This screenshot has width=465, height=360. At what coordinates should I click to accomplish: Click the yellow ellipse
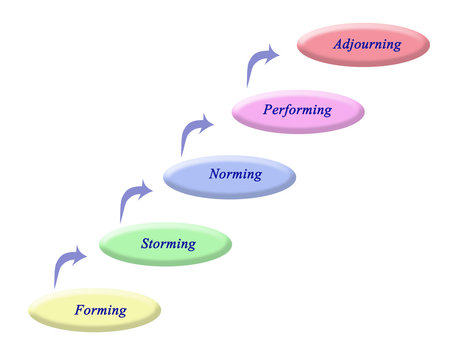tap(95, 310)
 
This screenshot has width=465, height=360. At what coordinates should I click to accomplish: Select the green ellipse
tap(164, 243)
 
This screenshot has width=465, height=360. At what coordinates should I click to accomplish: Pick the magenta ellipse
tap(298, 111)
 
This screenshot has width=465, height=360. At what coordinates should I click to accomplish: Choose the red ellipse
tap(364, 45)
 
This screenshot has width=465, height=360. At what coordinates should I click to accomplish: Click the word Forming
tap(101, 310)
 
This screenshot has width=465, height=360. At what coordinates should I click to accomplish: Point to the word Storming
tap(168, 242)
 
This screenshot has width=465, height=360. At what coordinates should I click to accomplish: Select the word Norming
tap(235, 174)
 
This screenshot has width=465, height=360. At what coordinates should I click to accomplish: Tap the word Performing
tap(297, 110)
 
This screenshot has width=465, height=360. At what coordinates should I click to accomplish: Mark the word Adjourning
tap(368, 44)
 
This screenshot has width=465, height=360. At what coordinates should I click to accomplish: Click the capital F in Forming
tap(80, 310)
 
